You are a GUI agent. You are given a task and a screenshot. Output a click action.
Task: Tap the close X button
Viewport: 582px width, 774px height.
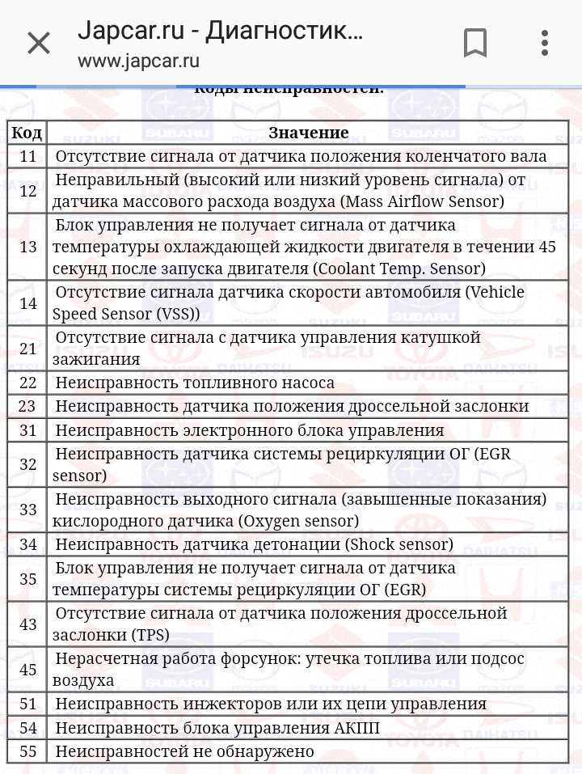click(39, 43)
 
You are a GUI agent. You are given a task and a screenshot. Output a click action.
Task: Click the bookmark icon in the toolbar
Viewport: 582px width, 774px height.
click(475, 43)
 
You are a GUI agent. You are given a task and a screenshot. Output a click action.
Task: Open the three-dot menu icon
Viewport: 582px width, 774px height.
click(545, 43)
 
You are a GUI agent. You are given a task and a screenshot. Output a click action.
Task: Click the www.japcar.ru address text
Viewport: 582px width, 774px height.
click(138, 61)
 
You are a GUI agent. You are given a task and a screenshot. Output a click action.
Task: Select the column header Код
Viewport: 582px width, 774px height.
click(27, 133)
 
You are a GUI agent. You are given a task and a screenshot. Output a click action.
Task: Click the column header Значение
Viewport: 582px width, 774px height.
click(308, 133)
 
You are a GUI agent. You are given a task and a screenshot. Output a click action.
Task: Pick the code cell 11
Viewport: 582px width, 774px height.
click(27, 156)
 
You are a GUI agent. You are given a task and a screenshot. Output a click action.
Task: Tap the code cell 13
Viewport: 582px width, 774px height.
click(27, 247)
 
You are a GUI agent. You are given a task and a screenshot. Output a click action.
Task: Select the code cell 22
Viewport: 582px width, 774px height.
click(27, 383)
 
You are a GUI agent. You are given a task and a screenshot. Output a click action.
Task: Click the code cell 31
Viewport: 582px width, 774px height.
click(27, 430)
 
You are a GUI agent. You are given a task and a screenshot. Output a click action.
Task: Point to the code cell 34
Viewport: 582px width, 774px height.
click(27, 544)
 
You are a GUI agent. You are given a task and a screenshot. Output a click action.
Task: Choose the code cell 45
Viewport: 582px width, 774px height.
click(27, 670)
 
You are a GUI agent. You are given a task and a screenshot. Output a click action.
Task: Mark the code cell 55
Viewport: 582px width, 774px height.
click(27, 751)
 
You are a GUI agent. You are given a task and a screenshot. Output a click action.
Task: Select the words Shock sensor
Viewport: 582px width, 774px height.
click(399, 544)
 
